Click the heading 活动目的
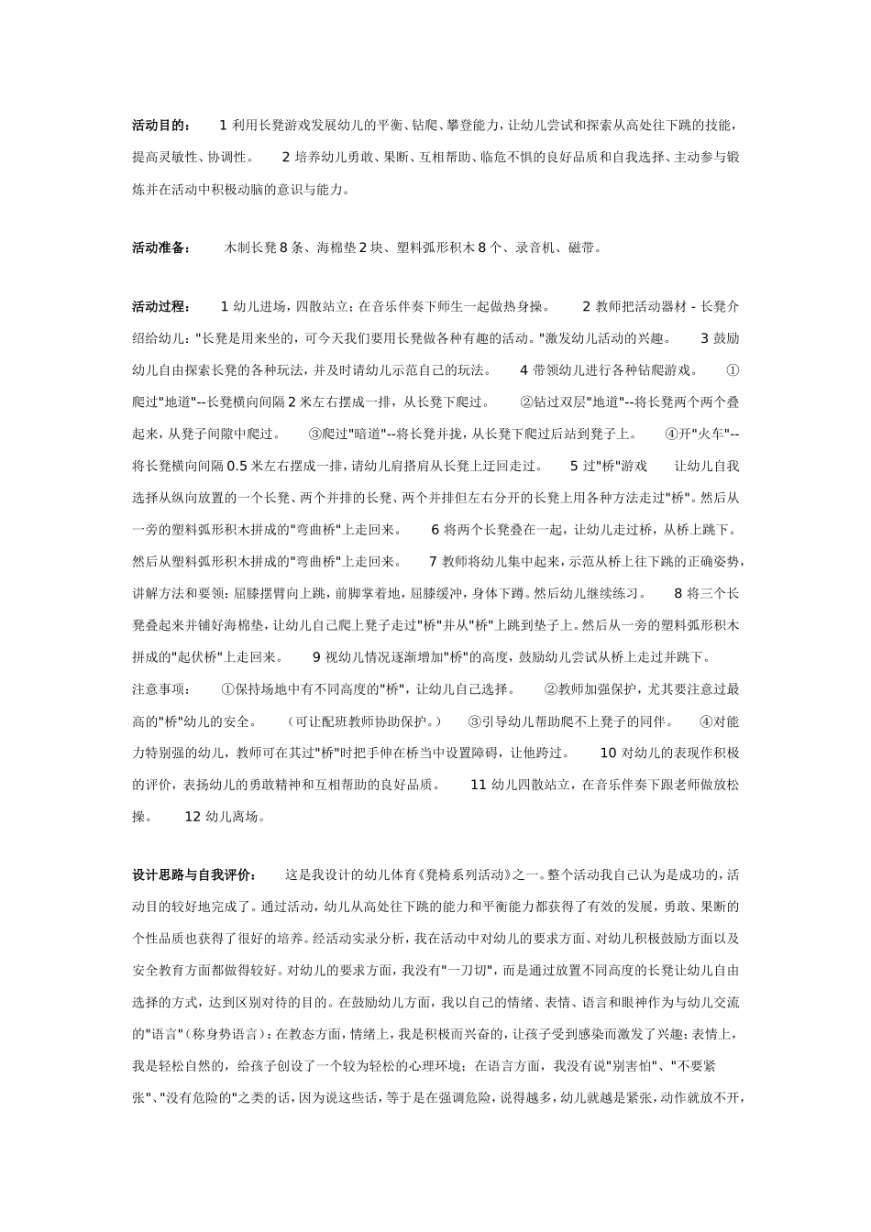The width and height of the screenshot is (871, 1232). tap(161, 125)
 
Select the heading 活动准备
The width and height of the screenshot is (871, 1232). tap(161, 247)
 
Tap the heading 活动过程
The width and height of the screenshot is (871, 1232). tap(161, 306)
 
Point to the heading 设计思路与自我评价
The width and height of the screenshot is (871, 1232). tap(194, 874)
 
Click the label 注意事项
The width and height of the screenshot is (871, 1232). tap(160, 689)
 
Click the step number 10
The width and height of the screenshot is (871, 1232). tap(609, 753)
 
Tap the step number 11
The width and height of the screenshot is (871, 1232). tap(478, 785)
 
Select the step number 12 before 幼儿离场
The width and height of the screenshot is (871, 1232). tap(193, 816)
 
